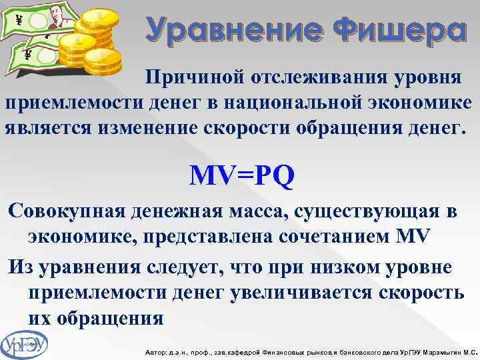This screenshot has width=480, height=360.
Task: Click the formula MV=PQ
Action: (241, 175)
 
